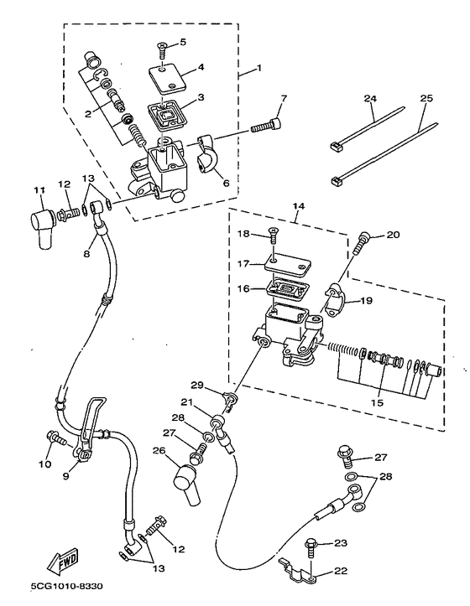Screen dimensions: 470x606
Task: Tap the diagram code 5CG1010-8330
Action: tap(66, 586)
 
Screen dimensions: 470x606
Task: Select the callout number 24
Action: tap(370, 98)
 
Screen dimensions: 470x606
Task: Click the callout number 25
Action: tap(426, 98)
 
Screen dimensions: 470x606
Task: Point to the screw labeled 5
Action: tap(162, 50)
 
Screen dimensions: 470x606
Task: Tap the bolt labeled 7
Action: tap(266, 125)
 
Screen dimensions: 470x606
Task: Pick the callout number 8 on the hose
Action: tap(86, 253)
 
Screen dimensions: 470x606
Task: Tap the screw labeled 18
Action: tap(273, 236)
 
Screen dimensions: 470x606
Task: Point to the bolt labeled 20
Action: tap(361, 243)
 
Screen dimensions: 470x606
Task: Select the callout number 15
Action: tap(377, 402)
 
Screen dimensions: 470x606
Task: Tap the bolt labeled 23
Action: tap(311, 548)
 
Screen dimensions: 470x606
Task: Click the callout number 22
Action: tap(341, 571)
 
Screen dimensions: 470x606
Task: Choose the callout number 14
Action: tap(298, 206)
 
